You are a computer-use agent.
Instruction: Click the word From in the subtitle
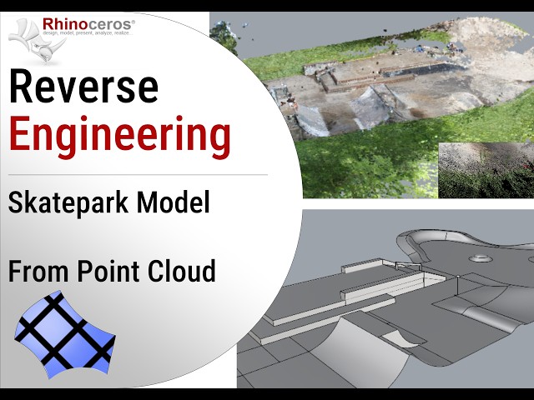click(x=38, y=271)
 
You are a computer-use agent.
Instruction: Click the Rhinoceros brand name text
click(x=92, y=25)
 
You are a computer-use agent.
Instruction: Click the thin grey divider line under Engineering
click(x=138, y=175)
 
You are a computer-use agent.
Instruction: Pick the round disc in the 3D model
click(x=479, y=258)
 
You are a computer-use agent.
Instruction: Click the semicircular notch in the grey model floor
click(x=400, y=337)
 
